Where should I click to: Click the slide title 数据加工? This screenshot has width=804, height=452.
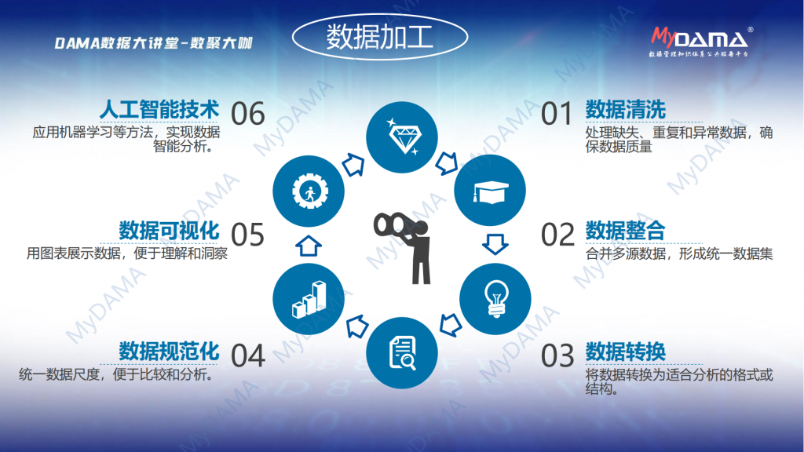380,37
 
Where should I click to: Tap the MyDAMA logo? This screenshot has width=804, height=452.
702,42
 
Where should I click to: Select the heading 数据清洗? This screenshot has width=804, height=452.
626,110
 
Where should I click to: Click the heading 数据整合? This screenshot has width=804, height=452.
626,231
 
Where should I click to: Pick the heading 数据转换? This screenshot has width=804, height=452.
626,352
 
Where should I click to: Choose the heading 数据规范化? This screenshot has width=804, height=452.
170,352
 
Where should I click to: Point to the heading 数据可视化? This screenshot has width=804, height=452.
170,231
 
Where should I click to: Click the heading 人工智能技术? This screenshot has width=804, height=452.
159,110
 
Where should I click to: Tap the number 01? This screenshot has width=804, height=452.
557,114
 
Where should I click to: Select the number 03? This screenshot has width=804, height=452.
557,355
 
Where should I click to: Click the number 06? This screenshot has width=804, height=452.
247,114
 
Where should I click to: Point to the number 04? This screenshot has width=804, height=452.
247,355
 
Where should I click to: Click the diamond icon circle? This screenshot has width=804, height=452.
402,137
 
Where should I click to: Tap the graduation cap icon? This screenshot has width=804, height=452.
491,192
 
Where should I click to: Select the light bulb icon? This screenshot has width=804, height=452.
496,299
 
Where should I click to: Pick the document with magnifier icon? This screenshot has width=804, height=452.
403,353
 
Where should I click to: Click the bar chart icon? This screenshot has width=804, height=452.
309,300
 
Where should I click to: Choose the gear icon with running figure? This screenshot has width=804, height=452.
309,191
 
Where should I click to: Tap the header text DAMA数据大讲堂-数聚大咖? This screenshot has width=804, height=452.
154,43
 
